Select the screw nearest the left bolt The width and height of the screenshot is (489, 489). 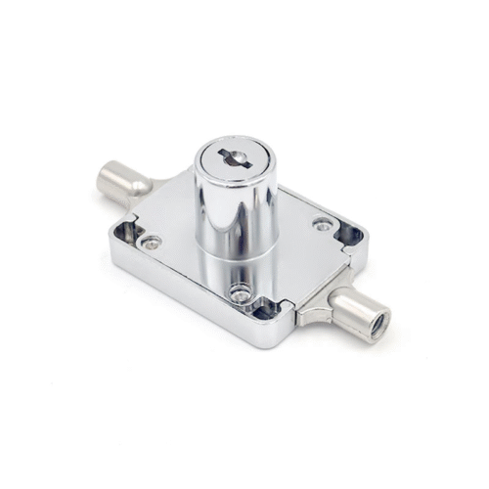[x=151, y=242]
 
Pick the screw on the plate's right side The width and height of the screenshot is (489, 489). [x=322, y=225]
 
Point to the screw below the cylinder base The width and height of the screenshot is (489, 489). [x=239, y=290]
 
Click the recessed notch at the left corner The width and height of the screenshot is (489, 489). [x=125, y=232]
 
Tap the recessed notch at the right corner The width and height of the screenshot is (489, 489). [x=348, y=235]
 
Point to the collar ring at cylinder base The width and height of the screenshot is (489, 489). [x=235, y=262]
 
